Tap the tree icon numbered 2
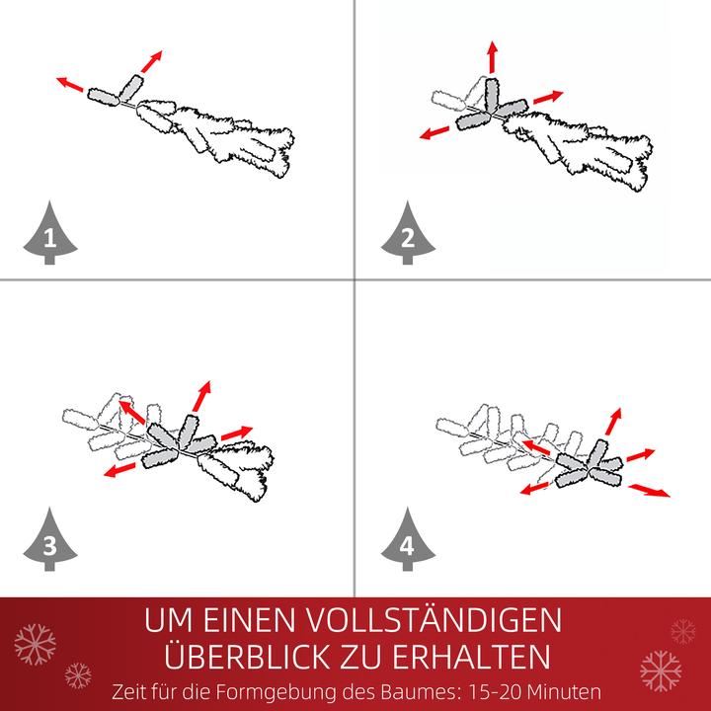click(406, 236)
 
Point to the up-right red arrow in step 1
click(149, 61)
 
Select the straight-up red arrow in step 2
click(493, 57)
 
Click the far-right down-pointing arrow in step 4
click(649, 489)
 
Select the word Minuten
click(567, 690)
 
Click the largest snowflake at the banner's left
click(35, 644)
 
